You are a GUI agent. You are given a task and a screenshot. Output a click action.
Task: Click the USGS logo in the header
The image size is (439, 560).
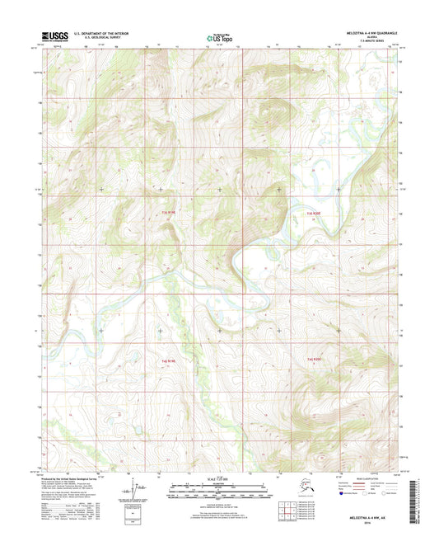pyautogui.click(x=54, y=36)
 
